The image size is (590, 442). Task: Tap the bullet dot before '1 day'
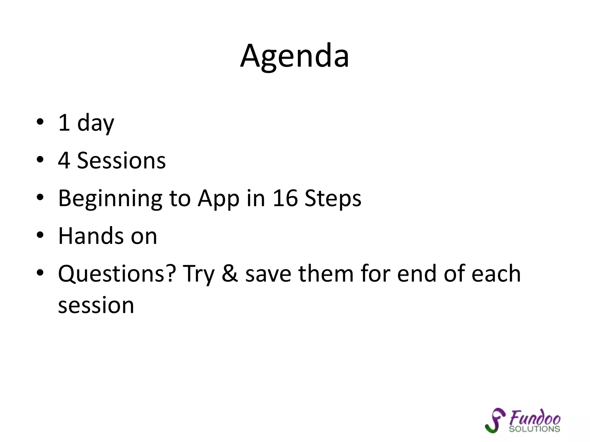click(x=40, y=122)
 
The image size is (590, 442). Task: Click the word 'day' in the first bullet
click(x=96, y=123)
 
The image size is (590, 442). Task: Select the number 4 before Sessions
click(x=64, y=160)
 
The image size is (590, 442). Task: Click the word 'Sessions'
click(x=121, y=160)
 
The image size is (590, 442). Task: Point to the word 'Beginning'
click(x=110, y=199)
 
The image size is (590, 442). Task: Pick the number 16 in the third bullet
click(x=285, y=198)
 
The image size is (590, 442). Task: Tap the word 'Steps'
click(x=333, y=199)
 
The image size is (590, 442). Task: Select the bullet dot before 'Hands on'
click(x=40, y=235)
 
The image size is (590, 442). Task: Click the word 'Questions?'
click(x=117, y=274)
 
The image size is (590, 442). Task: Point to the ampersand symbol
click(x=230, y=274)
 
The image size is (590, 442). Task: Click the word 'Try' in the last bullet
click(x=199, y=274)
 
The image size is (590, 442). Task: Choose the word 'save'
click(x=268, y=274)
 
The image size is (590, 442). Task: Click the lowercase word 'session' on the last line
click(x=96, y=305)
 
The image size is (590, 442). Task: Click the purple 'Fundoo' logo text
click(x=535, y=418)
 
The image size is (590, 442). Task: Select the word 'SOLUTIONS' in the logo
click(x=534, y=429)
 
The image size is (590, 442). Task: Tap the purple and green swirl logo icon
click(x=495, y=420)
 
